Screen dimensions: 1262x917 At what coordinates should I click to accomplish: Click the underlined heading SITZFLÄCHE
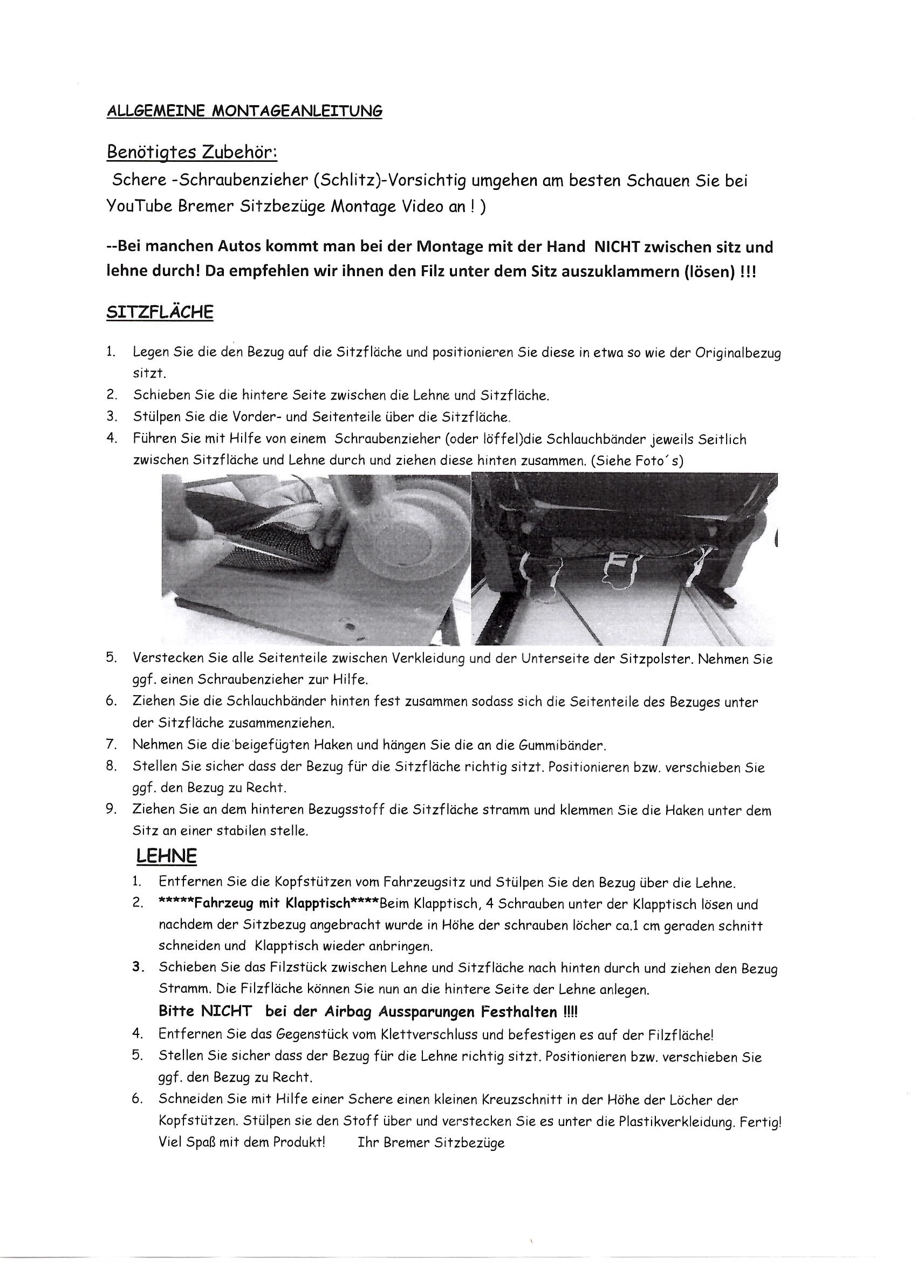pyautogui.click(x=160, y=312)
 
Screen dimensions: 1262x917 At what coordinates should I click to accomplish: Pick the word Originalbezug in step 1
pyautogui.click(x=737, y=353)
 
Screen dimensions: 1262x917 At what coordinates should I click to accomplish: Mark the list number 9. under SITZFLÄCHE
pyautogui.click(x=111, y=810)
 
